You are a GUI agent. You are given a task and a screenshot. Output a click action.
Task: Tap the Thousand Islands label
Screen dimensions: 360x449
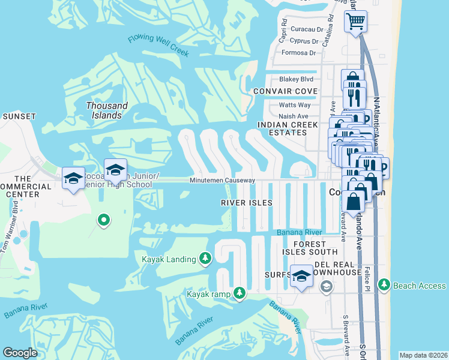(107, 110)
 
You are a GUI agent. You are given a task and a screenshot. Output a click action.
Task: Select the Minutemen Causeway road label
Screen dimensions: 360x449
(223, 181)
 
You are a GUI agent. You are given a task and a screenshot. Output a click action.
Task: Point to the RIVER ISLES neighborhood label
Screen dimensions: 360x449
(247, 203)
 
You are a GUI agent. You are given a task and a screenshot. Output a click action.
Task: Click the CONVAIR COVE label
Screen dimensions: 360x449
(285, 91)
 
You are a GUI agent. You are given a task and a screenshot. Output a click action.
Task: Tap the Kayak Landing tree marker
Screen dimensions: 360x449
(205, 258)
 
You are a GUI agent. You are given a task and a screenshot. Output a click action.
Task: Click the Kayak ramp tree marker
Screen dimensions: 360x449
(240, 293)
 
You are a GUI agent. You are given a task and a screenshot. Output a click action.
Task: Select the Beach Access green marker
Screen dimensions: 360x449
(384, 286)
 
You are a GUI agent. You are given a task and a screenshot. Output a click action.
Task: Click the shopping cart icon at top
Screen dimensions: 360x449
(355, 22)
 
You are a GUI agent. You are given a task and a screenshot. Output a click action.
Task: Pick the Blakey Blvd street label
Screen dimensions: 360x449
(297, 79)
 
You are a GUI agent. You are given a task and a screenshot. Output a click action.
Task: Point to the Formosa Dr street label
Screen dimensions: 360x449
(298, 53)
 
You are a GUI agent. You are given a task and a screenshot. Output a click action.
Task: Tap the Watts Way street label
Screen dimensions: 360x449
(295, 105)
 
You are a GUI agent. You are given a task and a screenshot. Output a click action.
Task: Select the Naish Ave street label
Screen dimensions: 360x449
(294, 116)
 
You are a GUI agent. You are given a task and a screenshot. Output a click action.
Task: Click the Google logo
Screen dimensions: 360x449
(20, 352)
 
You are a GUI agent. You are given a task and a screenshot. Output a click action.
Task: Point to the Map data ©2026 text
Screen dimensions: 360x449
(424, 355)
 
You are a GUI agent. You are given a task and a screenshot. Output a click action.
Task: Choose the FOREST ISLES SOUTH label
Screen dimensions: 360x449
(310, 248)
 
